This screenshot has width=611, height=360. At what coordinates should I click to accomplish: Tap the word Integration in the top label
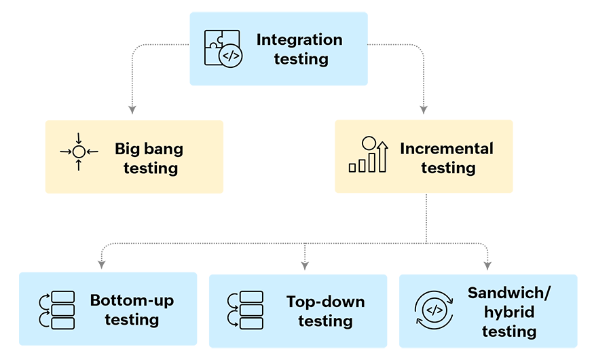click(x=299, y=39)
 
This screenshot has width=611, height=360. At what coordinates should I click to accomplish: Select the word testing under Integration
click(x=301, y=59)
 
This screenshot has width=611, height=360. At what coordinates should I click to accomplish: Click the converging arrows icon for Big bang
click(x=79, y=151)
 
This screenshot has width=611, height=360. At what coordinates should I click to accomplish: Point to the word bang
click(x=163, y=148)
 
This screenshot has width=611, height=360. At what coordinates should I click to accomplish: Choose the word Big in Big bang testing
click(x=127, y=148)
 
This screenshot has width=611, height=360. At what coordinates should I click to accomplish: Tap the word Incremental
click(x=447, y=148)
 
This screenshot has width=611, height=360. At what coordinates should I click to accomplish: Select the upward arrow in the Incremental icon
click(x=383, y=156)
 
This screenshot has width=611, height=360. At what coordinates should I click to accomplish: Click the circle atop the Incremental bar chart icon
click(x=369, y=143)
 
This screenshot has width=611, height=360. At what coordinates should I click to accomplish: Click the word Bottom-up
click(x=132, y=300)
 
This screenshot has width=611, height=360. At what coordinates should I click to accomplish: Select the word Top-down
click(x=325, y=302)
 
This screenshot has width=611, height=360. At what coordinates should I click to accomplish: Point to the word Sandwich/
click(x=509, y=293)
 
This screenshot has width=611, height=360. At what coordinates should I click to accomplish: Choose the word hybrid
click(x=509, y=312)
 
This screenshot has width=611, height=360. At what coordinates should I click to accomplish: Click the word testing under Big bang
click(x=150, y=167)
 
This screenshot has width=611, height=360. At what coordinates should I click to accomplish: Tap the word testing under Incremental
click(x=447, y=167)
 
